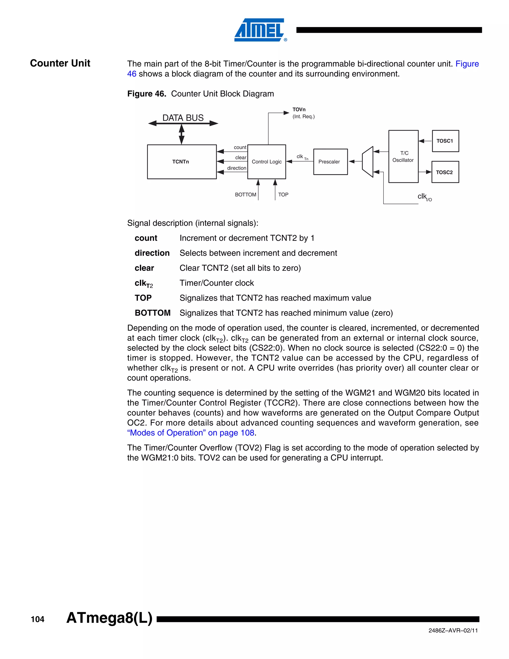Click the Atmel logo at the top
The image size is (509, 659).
coord(260,30)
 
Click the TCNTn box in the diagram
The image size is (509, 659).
coord(181,162)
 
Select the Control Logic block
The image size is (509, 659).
coord(267,162)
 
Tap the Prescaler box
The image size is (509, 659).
coord(330,162)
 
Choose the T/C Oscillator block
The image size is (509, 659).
coord(403,157)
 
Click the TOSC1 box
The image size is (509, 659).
coord(445,141)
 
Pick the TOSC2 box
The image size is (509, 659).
coord(445,172)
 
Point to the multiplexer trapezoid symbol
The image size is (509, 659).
coord(368,162)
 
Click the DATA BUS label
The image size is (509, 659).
coord(183,118)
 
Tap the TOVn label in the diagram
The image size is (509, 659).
coord(299,109)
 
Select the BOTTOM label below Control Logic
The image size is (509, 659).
coord(246,195)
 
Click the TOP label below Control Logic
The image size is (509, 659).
coord(283,195)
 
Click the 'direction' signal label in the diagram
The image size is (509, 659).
coord(237,168)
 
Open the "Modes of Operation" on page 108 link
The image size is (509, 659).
coord(191,433)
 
